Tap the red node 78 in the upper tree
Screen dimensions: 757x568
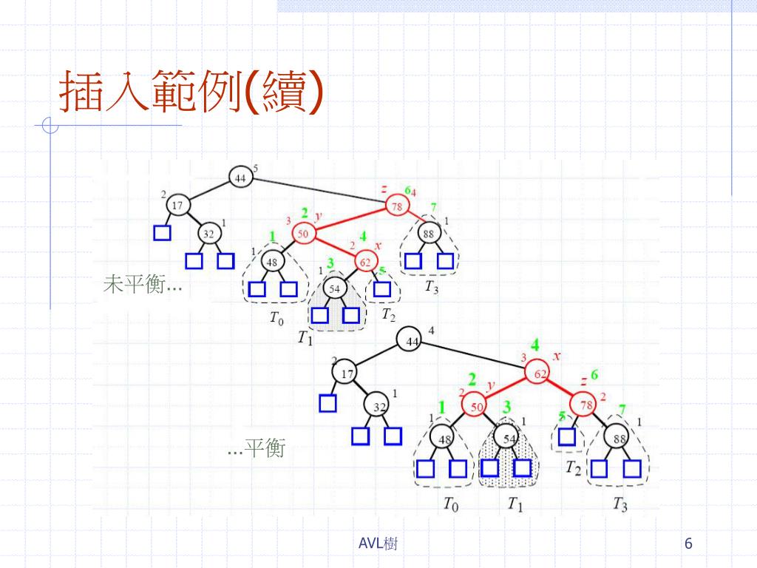point(397,206)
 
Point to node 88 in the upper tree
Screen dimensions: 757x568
point(429,234)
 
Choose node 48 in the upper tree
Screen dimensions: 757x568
point(272,261)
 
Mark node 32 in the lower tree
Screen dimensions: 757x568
point(378,407)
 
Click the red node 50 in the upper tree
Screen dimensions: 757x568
point(303,234)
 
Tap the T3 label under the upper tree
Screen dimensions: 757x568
point(431,288)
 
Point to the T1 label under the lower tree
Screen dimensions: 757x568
point(515,504)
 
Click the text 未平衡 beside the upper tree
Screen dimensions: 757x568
point(141,285)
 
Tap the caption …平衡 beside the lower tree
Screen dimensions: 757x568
point(257,447)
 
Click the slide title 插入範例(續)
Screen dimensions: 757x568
point(191,92)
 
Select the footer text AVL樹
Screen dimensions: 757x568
point(378,544)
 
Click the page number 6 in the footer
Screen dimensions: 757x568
point(688,544)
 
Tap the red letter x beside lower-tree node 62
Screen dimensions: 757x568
point(557,356)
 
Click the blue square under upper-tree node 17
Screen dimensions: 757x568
point(162,234)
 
